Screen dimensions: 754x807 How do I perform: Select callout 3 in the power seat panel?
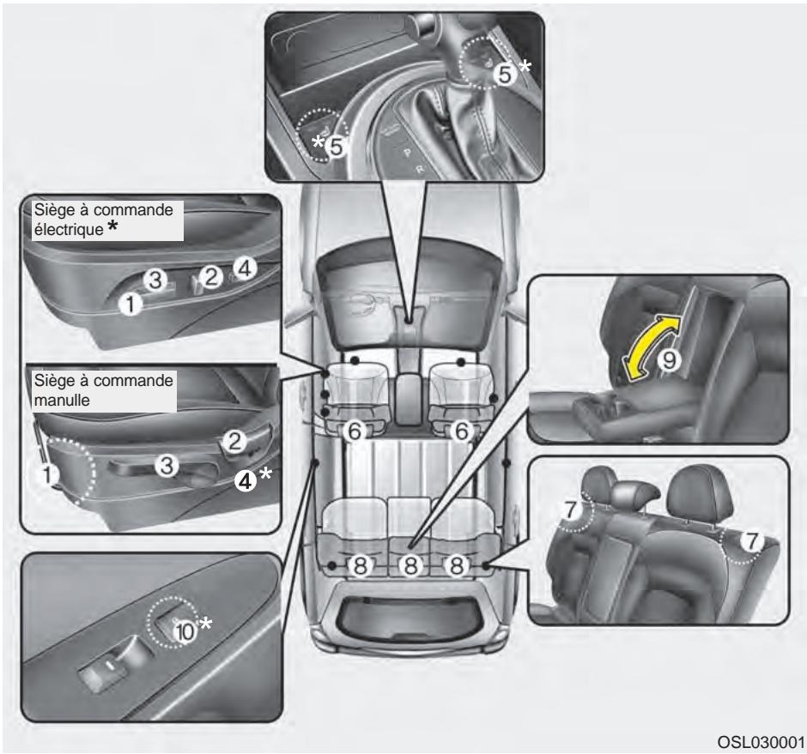[152, 279]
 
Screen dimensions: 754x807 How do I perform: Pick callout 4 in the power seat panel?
[244, 268]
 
